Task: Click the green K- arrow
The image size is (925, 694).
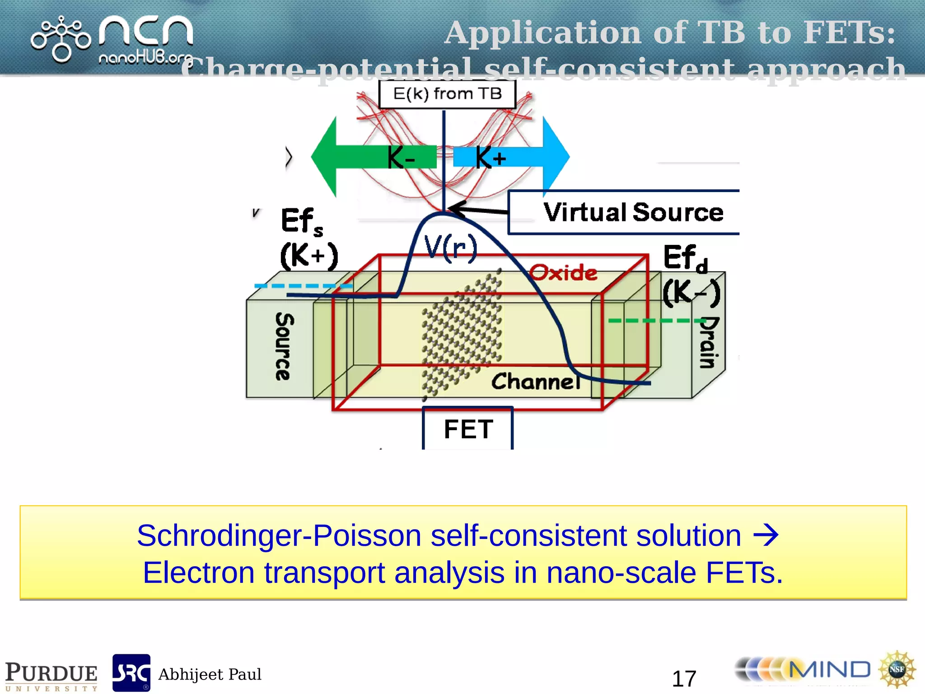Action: click(x=361, y=157)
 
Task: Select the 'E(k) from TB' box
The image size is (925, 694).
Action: click(x=447, y=94)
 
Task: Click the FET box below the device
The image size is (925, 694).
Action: click(x=468, y=428)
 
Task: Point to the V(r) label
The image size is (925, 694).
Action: click(x=451, y=248)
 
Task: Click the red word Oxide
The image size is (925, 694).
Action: click(x=563, y=273)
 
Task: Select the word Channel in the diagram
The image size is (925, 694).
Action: click(x=536, y=382)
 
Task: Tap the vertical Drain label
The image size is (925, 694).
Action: click(x=709, y=343)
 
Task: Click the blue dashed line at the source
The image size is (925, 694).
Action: click(x=303, y=286)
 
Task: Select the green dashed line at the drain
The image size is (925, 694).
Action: click(x=655, y=321)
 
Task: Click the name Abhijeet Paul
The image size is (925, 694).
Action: click(x=210, y=675)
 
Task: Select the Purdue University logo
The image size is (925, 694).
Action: click(x=51, y=676)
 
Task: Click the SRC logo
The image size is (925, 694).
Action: click(x=131, y=673)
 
